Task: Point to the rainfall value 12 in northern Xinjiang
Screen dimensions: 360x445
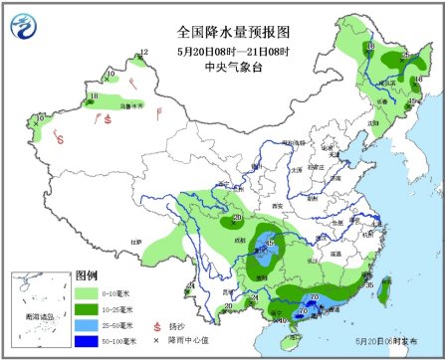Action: point(144,53)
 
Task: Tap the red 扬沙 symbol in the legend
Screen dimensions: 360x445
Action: point(156,325)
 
